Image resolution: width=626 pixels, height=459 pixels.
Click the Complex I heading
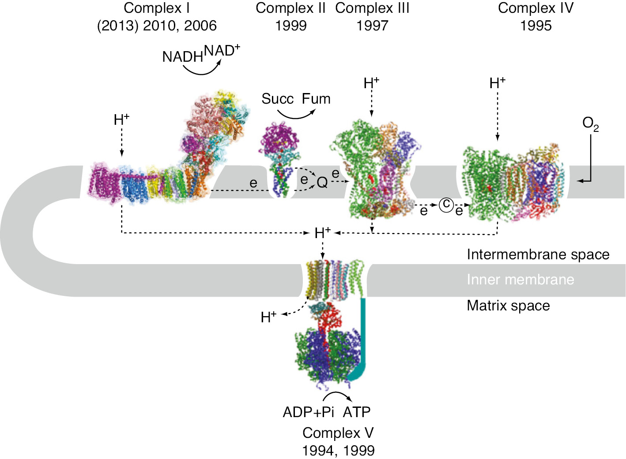157,8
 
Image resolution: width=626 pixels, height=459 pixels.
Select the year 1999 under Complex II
290,26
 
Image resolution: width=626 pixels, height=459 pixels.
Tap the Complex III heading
372,8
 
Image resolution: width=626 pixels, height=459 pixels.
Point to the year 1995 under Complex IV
535,26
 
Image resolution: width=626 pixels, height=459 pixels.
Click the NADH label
182,57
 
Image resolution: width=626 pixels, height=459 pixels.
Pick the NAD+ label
222,51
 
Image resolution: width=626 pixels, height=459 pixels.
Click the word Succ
277,99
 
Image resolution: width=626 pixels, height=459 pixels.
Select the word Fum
316,99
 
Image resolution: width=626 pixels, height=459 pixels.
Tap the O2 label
590,124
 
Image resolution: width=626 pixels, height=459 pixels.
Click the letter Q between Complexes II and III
322,182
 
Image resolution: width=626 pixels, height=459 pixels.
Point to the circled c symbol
446,204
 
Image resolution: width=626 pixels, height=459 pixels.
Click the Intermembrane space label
538,254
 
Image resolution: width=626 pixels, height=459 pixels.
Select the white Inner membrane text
520,280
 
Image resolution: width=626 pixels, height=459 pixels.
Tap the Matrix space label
508,306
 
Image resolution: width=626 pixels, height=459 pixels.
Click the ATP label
357,412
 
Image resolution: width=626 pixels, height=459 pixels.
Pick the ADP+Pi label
308,412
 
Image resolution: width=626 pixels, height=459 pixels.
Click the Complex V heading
338,433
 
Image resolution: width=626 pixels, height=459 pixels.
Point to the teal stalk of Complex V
363,335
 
